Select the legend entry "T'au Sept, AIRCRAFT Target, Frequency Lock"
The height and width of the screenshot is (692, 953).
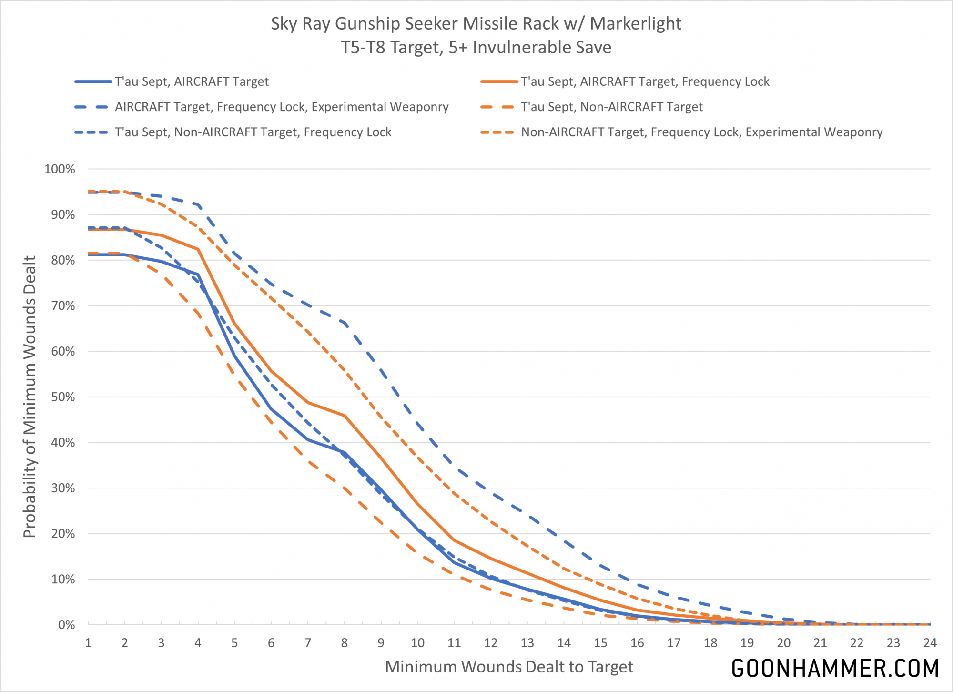[x=645, y=82]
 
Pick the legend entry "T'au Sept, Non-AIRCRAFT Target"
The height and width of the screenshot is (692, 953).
[x=611, y=107]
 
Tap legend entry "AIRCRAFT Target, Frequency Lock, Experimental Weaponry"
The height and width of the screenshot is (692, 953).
[x=282, y=107]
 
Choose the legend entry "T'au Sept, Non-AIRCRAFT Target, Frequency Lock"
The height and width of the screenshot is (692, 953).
[x=253, y=132]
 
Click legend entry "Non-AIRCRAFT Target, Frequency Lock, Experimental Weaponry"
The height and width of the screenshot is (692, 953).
[x=701, y=132]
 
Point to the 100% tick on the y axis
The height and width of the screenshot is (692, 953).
[x=60, y=169]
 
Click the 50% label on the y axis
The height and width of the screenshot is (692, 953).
[x=63, y=397]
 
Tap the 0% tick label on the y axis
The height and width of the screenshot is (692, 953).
[x=66, y=625]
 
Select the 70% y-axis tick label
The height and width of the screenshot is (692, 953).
[x=63, y=306]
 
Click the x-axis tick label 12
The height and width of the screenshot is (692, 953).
[x=491, y=643]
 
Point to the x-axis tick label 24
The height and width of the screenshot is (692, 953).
[x=930, y=643]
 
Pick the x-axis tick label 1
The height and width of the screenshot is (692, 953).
[x=88, y=643]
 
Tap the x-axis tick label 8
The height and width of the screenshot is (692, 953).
[x=345, y=643]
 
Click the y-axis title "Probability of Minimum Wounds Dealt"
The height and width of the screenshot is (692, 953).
[x=30, y=397]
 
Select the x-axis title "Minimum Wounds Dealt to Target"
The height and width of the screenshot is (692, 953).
[x=509, y=667]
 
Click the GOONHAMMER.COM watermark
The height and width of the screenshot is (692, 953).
[x=835, y=668]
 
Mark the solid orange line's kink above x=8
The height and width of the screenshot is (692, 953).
[x=345, y=416]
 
